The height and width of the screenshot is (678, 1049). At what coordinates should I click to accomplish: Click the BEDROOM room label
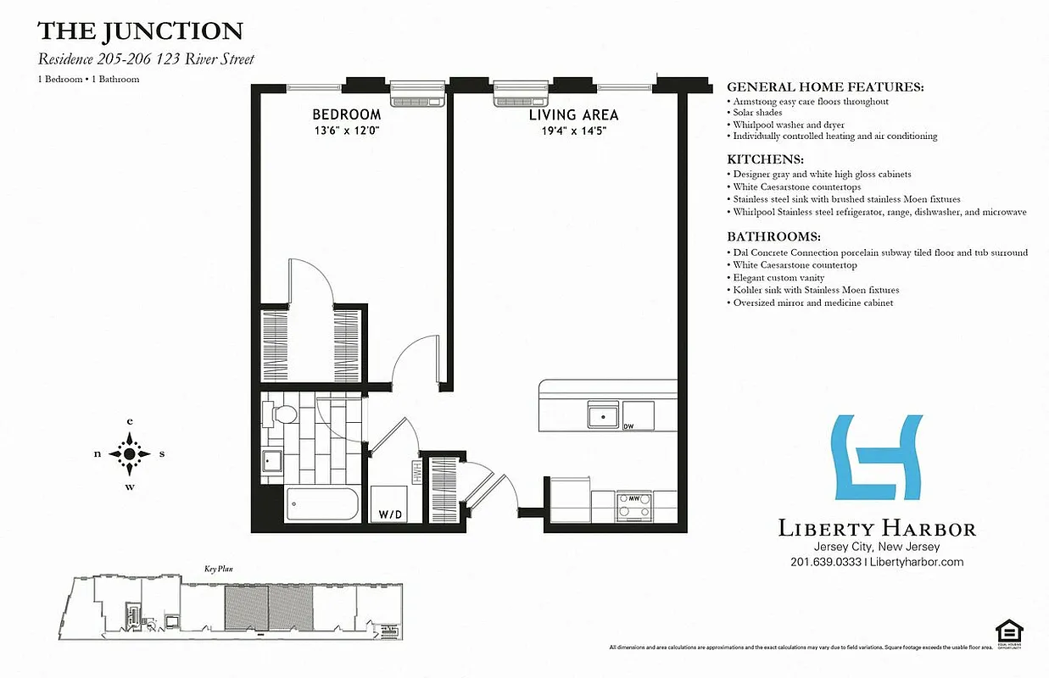click(x=346, y=114)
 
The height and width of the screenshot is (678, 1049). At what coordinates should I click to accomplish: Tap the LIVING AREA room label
click(x=573, y=114)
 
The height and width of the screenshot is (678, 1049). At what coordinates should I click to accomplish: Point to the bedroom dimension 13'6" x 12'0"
click(x=346, y=131)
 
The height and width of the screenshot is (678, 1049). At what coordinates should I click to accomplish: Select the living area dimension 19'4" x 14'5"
click(x=573, y=131)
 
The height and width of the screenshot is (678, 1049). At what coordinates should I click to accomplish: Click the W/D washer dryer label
click(x=390, y=514)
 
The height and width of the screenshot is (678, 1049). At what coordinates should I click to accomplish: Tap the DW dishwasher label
click(x=628, y=426)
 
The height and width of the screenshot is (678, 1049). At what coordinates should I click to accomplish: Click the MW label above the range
click(x=633, y=498)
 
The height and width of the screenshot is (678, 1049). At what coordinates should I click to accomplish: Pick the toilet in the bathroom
click(x=281, y=414)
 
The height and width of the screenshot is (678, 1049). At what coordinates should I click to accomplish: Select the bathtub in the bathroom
click(x=323, y=506)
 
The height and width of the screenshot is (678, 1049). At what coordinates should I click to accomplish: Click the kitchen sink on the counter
click(x=604, y=416)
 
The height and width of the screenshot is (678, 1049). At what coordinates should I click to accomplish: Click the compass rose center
click(x=130, y=453)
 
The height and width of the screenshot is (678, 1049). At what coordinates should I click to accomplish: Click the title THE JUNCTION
click(x=140, y=32)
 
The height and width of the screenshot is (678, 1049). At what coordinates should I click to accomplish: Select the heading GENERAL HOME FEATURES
click(x=825, y=87)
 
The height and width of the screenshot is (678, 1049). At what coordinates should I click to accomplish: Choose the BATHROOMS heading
click(x=773, y=237)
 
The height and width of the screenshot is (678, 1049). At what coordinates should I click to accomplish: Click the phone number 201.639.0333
click(x=825, y=562)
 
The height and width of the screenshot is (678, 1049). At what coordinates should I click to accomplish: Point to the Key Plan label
click(x=218, y=570)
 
